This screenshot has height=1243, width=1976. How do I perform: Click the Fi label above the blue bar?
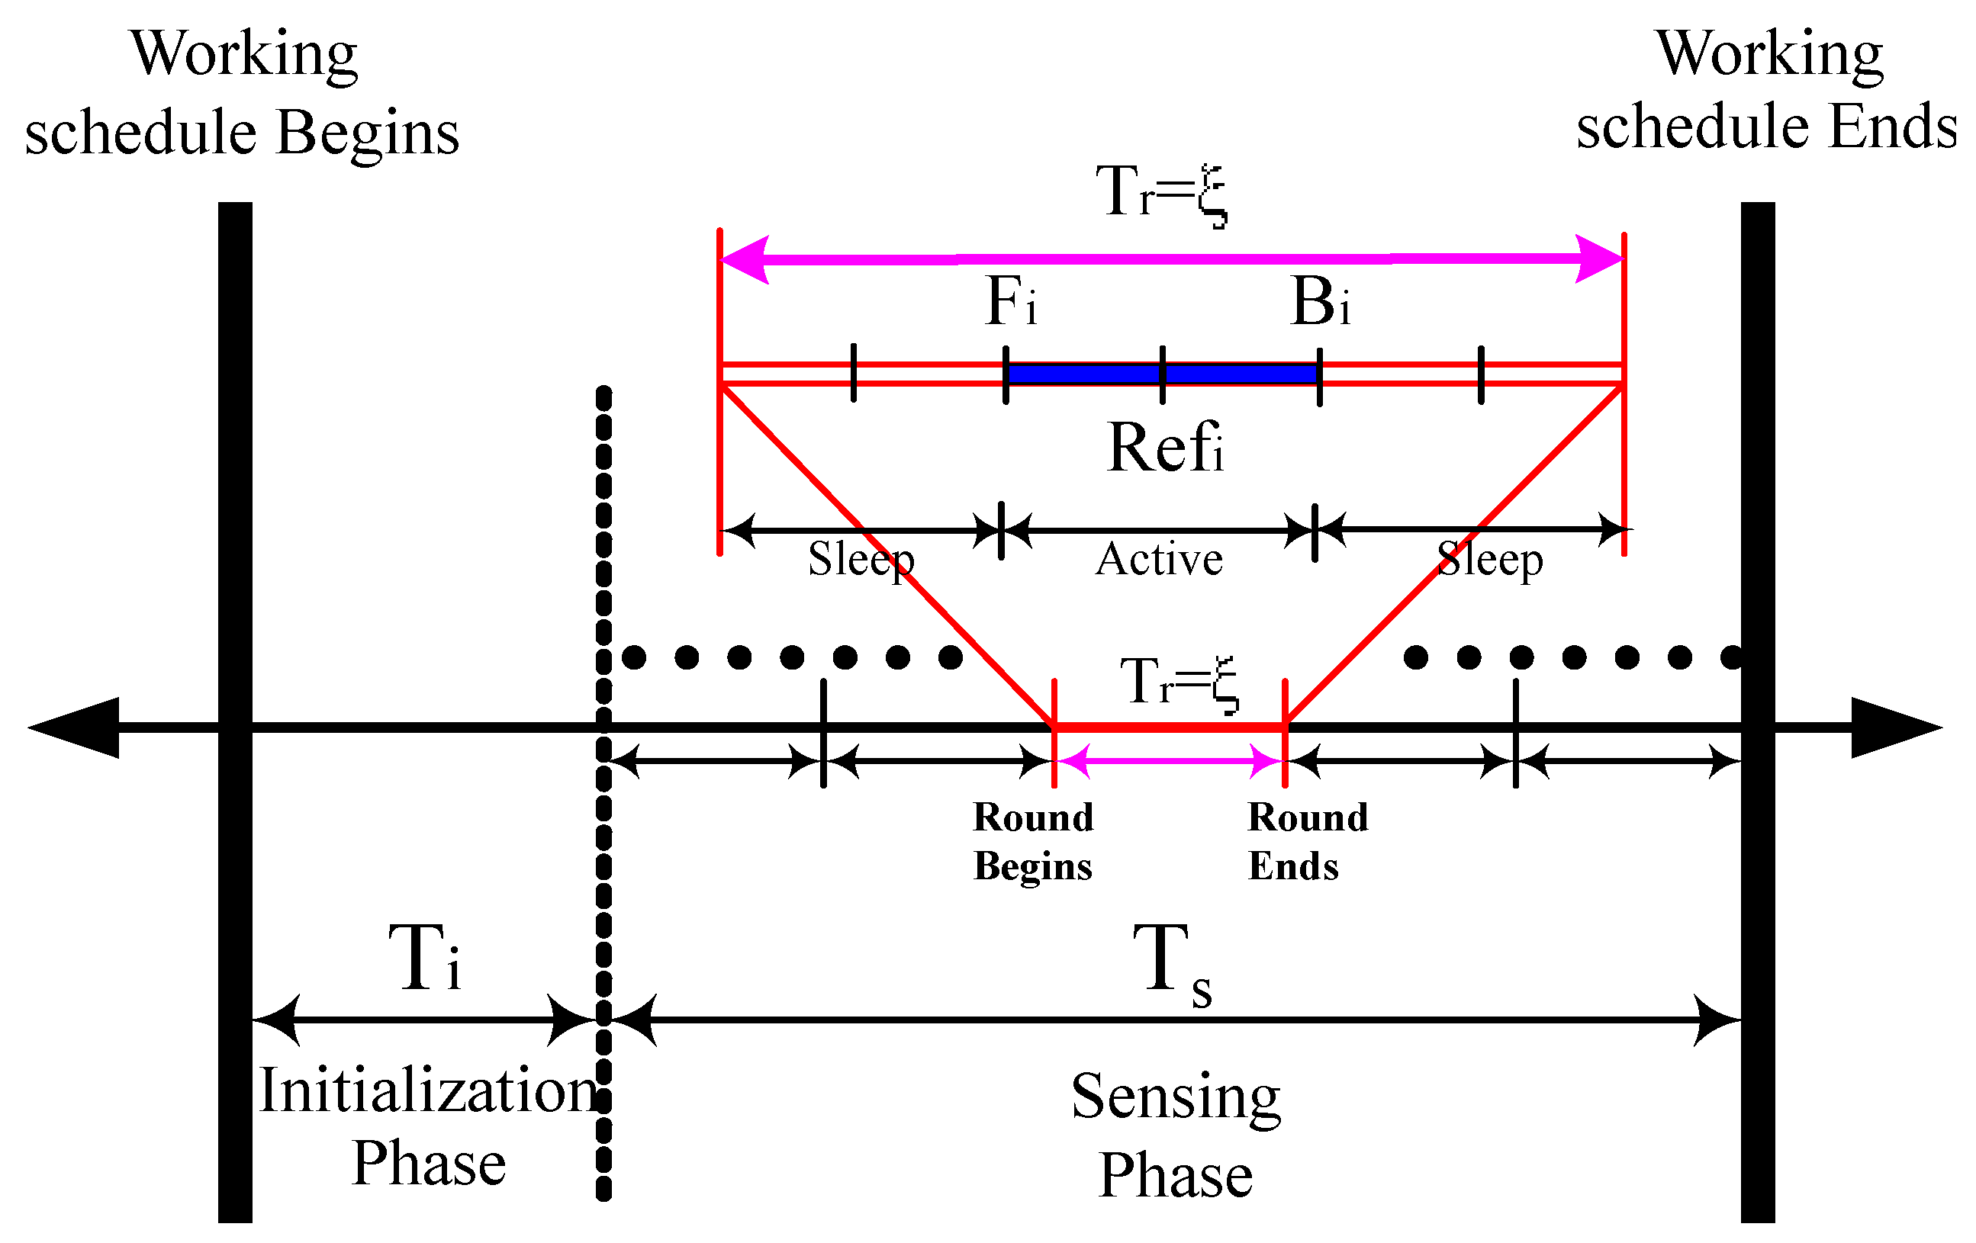pos(1009,301)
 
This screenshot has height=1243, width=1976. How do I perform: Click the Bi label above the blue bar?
pos(1318,301)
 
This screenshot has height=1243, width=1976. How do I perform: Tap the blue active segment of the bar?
pos(1162,374)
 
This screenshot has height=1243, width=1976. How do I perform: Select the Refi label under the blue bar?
pos(1164,448)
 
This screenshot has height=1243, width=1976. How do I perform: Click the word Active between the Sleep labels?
pos(1159,560)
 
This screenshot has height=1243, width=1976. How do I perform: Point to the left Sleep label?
pos(860,560)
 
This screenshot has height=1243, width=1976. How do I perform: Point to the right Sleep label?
pos(1489,560)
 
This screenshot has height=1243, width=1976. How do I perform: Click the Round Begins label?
pos(1033,841)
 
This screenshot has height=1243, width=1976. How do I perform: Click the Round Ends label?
pos(1307,841)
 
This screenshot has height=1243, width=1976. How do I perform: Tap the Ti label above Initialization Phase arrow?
pos(424,958)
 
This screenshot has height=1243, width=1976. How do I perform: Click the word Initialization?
pos(428,1091)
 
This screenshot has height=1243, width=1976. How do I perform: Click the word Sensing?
pos(1175,1096)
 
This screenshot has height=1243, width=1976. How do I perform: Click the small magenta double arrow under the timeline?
pos(1170,761)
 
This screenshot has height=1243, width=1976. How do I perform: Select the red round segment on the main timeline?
pos(1170,727)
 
